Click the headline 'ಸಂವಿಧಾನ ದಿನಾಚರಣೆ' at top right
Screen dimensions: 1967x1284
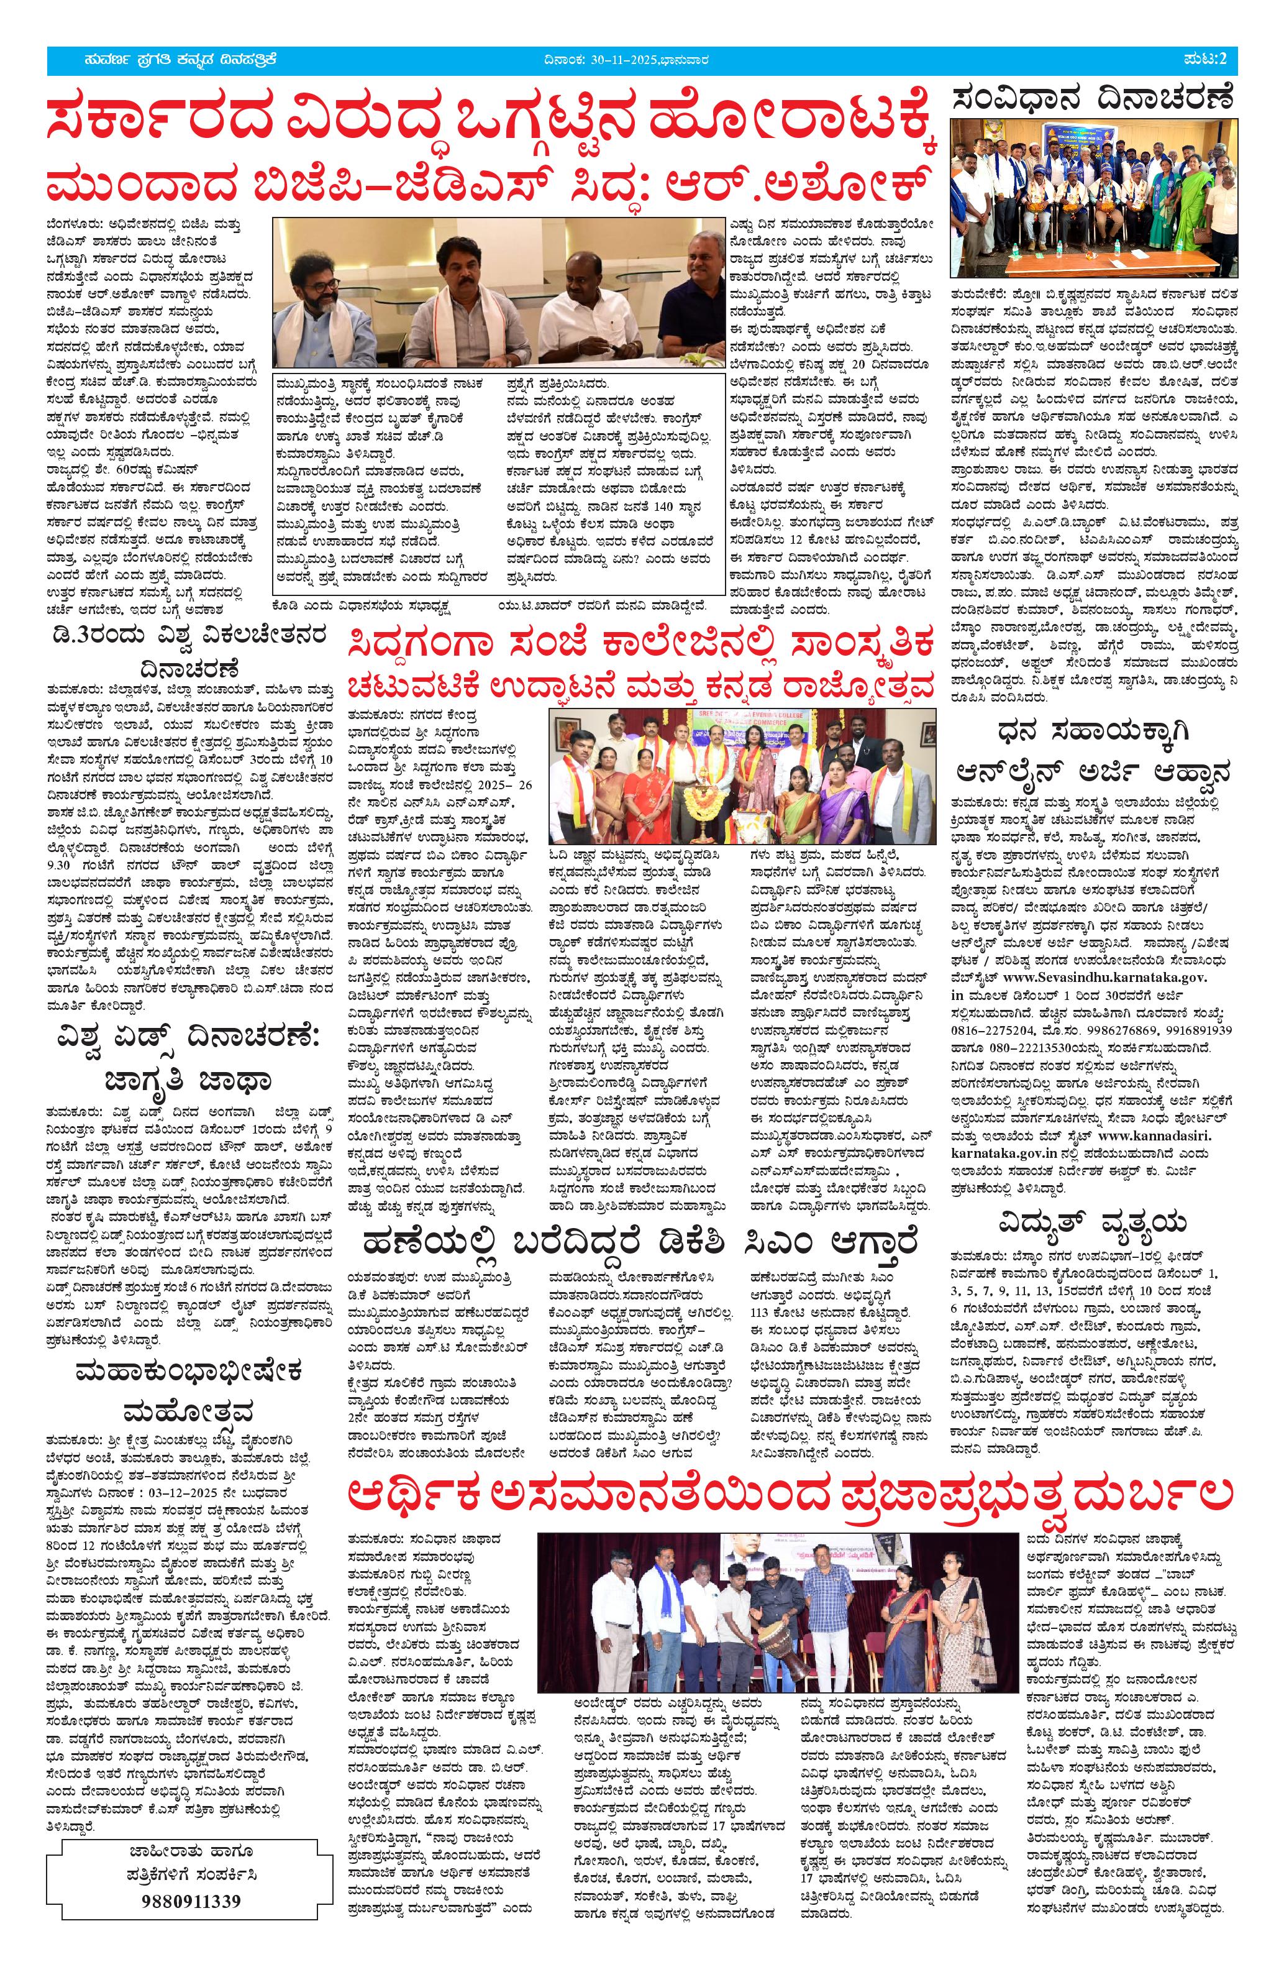click(1094, 100)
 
